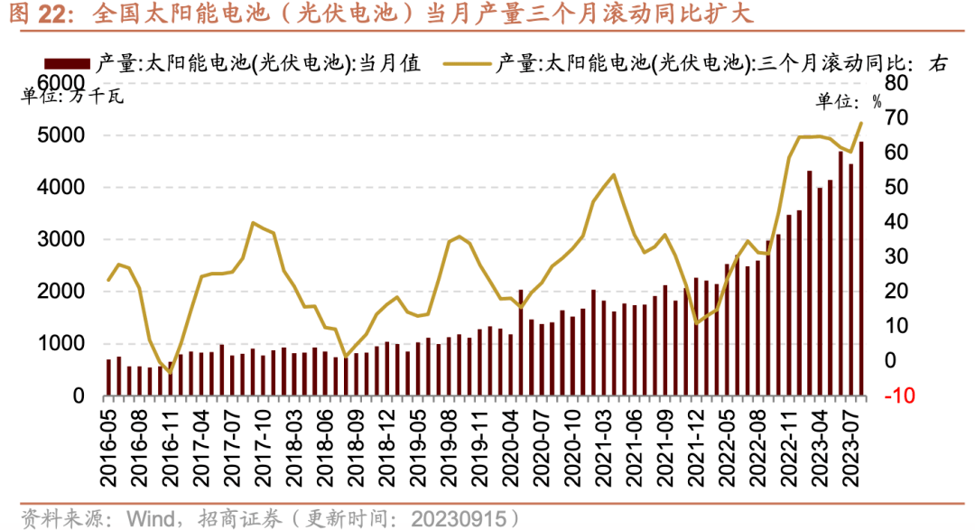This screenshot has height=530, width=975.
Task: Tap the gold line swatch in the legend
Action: pos(464,63)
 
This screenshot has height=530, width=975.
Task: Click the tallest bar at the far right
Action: pos(860,268)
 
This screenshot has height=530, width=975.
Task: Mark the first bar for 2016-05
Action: pos(109,377)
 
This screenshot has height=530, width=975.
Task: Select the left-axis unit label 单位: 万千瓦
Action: pos(73,97)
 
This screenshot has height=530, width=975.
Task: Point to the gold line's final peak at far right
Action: pos(860,123)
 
